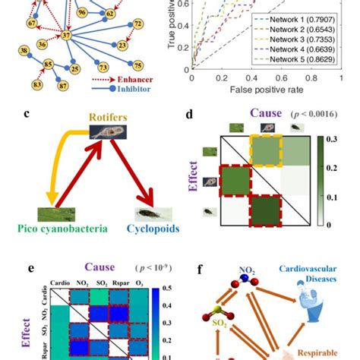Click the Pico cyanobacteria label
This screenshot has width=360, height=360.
(x=52, y=226)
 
